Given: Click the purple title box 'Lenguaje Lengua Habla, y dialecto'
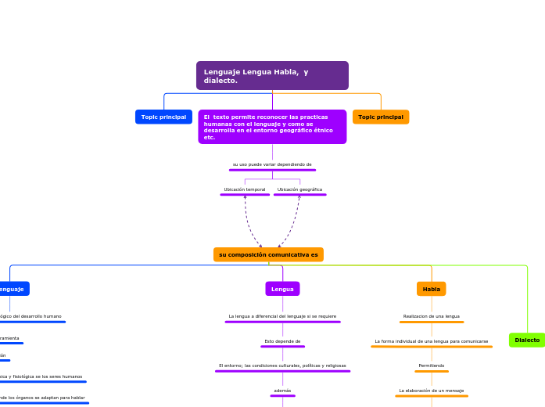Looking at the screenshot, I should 272,76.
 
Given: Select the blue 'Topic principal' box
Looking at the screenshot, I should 163,117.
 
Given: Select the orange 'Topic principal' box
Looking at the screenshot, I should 381,117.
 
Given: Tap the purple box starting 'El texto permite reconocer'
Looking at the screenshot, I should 272,127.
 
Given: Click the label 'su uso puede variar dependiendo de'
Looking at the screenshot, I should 272,164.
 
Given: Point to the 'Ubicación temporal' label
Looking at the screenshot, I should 245,189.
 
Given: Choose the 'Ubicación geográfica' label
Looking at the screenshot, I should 299,189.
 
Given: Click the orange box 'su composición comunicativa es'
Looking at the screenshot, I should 268,254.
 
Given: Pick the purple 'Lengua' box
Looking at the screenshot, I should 282,289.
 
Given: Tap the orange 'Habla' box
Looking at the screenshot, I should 432,289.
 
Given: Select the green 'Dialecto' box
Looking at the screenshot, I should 527,340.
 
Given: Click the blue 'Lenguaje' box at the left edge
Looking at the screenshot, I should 12,289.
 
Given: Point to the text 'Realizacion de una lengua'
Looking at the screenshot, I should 432,316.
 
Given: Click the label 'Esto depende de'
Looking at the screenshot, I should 282,341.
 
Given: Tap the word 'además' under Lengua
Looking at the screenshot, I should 282,390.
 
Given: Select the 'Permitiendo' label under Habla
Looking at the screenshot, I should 432,366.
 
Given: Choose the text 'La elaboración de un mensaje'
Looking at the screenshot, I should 432,390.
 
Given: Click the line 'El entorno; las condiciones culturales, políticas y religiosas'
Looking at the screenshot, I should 282,366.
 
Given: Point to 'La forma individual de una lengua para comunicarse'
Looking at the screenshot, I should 432,341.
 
